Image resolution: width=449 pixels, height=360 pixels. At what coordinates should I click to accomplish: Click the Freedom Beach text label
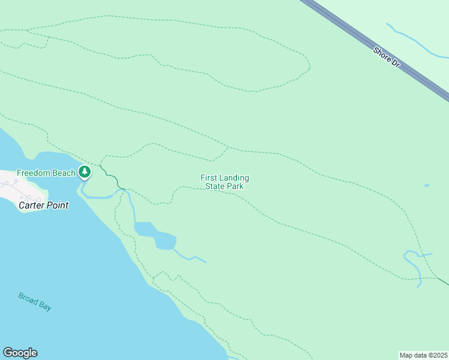(x=46, y=173)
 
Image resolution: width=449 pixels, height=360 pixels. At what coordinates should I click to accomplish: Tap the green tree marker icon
(x=85, y=172)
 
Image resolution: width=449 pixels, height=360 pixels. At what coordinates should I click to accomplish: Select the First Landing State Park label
(x=224, y=182)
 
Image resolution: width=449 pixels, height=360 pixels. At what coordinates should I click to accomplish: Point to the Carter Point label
(x=43, y=205)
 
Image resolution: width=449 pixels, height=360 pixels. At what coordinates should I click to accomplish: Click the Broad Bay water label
(x=34, y=301)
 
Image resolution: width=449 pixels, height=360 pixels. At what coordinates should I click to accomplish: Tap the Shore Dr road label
(x=386, y=56)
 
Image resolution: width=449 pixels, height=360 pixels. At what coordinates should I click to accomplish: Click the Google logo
(x=20, y=353)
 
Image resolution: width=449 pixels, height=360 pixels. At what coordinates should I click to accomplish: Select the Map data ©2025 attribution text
(x=423, y=355)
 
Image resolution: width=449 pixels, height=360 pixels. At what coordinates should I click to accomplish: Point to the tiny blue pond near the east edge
(x=426, y=185)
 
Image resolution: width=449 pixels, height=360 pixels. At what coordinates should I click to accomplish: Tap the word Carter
(x=31, y=205)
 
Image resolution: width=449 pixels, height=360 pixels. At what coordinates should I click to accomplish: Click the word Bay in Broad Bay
(x=44, y=306)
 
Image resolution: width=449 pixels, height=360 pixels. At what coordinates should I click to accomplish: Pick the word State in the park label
(x=215, y=186)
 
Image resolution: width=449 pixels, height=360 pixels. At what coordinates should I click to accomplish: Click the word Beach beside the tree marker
(x=64, y=173)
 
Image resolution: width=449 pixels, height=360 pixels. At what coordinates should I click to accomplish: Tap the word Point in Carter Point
(x=57, y=205)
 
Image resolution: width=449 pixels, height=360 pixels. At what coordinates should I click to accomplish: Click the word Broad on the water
(x=28, y=298)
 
